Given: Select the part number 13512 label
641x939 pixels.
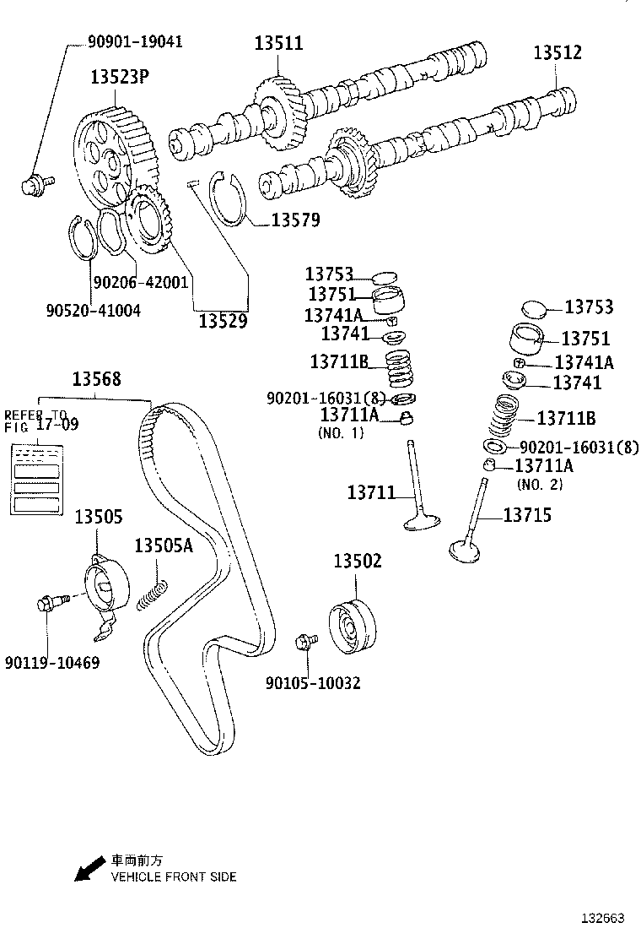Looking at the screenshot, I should tap(558, 52).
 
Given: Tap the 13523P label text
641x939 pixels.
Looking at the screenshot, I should tap(120, 79).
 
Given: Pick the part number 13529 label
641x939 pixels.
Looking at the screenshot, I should tap(223, 321).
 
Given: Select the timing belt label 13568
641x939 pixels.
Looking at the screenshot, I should tap(95, 379).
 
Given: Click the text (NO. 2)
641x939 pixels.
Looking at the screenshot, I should tap(539, 485).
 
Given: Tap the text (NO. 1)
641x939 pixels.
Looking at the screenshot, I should tap(341, 432).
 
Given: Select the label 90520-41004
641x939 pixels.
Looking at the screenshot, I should tap(93, 310).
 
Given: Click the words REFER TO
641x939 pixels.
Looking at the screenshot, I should tap(35, 415).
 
